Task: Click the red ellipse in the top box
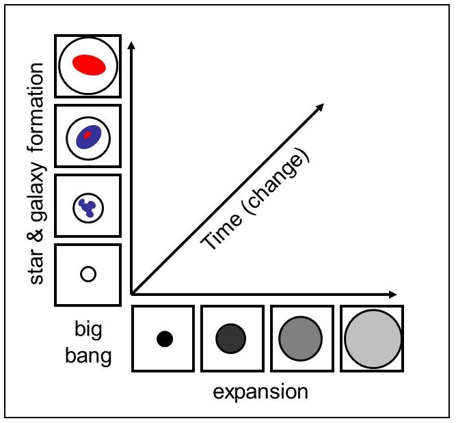point(89,65)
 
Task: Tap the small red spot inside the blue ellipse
point(88,135)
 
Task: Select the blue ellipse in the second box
point(88,137)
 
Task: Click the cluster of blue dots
point(87,208)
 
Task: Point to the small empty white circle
point(88,274)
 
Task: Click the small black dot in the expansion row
point(165,339)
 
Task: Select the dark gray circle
point(230,339)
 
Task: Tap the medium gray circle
point(300,339)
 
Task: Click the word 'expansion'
point(260,392)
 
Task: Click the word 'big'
point(88,330)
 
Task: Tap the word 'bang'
point(88,355)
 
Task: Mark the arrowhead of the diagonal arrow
point(320,107)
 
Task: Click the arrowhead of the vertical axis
point(131,45)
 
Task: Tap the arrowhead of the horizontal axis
point(392,295)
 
